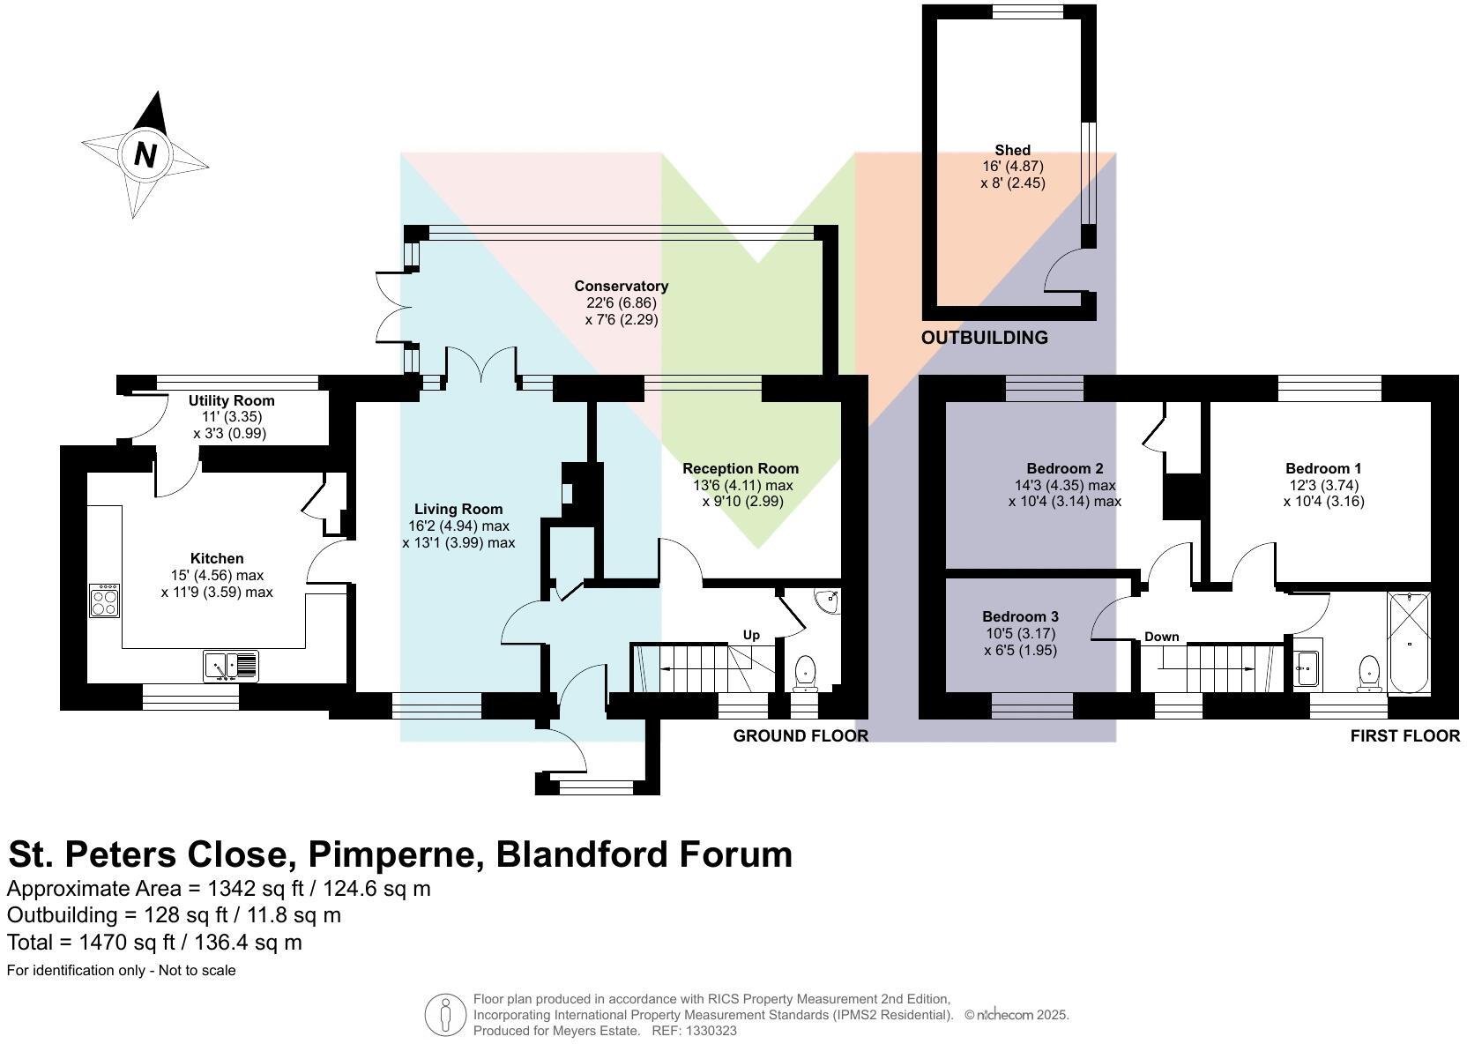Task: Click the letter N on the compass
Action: coord(145,155)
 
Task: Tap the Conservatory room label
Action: coord(621,286)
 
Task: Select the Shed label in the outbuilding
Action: coord(1012,150)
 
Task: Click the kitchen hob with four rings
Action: coord(104,601)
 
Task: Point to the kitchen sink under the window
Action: coord(230,665)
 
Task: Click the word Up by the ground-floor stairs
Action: coord(751,635)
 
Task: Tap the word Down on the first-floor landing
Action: coord(1161,637)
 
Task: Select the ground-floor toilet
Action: coord(805,673)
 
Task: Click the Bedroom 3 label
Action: coord(1020,616)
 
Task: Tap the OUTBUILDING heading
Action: coord(984,338)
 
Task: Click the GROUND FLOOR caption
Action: coord(801,735)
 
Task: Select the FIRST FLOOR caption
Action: coord(1404,735)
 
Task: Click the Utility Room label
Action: coord(231,400)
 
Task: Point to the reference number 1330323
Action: coord(711,1030)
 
